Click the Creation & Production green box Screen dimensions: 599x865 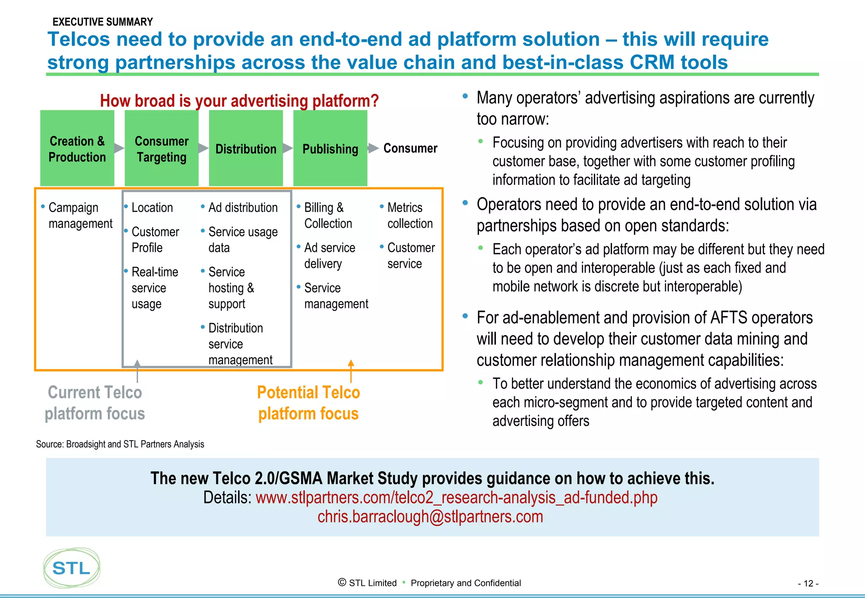coord(77,148)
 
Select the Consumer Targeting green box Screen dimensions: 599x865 coord(161,148)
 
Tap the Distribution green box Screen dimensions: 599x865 coord(246,148)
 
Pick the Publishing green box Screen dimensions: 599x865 coord(330,148)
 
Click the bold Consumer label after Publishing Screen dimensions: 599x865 coord(410,148)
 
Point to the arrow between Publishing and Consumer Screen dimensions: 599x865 coord(373,148)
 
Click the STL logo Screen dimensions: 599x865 coord(71,568)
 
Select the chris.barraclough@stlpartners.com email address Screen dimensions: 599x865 coord(430,517)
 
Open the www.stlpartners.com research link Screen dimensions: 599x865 coord(456,498)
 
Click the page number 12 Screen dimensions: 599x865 coord(808,583)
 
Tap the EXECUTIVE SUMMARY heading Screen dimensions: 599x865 coord(103,22)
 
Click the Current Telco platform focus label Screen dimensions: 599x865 coord(95,403)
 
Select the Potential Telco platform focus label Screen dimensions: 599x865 coord(308,403)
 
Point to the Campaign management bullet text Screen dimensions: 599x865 coord(80,215)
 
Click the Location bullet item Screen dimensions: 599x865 coord(152,207)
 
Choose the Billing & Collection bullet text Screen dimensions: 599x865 coord(328,215)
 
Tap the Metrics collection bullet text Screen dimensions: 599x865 coord(410,215)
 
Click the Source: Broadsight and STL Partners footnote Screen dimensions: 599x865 coord(120,444)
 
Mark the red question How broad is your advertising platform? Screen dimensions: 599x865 coord(239,101)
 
